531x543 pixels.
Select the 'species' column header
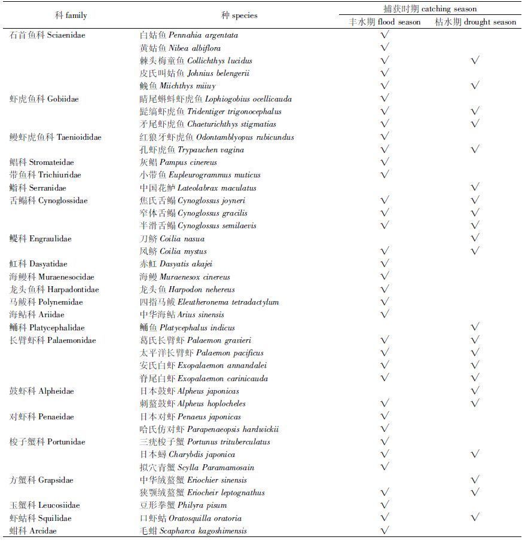(239, 15)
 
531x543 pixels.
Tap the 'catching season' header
(430, 9)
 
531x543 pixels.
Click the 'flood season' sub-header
(385, 22)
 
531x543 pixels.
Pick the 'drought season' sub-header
(475, 22)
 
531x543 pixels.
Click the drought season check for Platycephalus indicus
(475, 327)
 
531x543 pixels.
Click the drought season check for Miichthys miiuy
(475, 86)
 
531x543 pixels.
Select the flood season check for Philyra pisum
(385, 505)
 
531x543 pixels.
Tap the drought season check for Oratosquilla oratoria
(475, 518)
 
